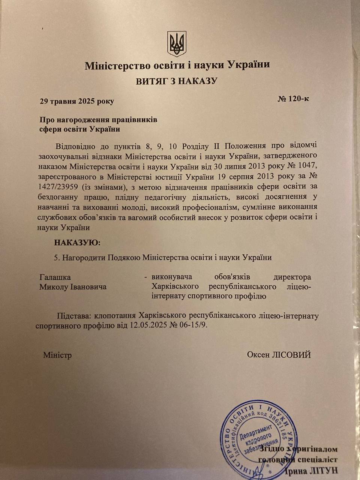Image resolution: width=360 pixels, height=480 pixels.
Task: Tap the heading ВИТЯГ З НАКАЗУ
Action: click(177, 81)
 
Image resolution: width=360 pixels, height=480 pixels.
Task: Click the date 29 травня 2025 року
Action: click(77, 101)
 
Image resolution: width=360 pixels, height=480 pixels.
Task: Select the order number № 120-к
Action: click(293, 99)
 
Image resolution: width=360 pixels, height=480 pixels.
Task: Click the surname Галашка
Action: click(55, 277)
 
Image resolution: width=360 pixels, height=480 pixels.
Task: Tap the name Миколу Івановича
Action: click(73, 287)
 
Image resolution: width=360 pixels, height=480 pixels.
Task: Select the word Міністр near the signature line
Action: click(57, 355)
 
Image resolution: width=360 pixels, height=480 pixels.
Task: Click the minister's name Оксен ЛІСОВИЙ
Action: click(279, 354)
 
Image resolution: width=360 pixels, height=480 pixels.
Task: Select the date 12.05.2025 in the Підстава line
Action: click(148, 325)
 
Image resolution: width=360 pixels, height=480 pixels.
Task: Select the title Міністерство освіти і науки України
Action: click(177, 65)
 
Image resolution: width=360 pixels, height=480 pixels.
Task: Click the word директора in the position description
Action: click(292, 277)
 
